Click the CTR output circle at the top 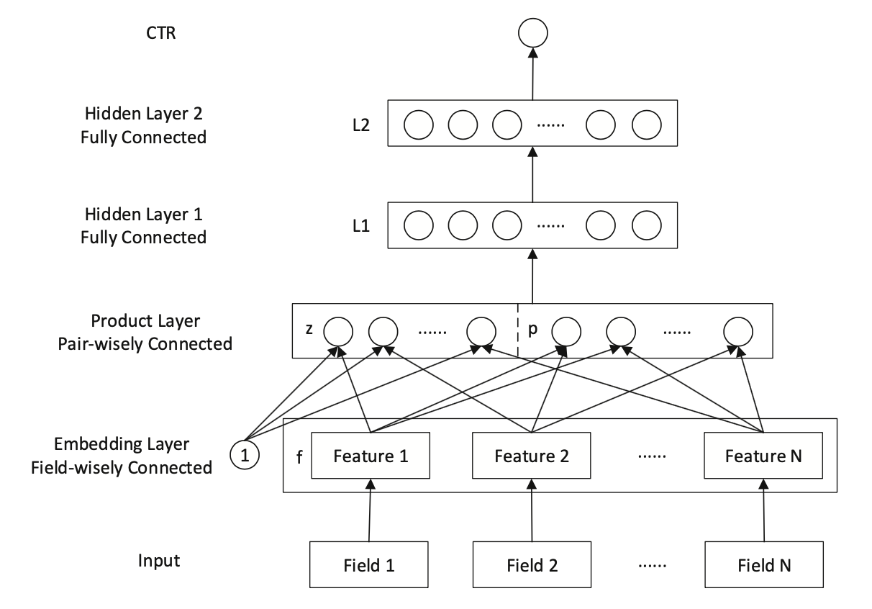pyautogui.click(x=532, y=32)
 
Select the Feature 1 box pyautogui.click(x=370, y=456)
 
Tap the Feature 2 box pyautogui.click(x=531, y=456)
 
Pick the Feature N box pyautogui.click(x=763, y=456)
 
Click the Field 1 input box pyautogui.click(x=368, y=564)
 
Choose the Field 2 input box pyautogui.click(x=532, y=564)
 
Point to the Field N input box pyautogui.click(x=765, y=564)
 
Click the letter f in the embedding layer pyautogui.click(x=299, y=456)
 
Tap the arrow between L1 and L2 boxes pyautogui.click(x=532, y=175)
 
